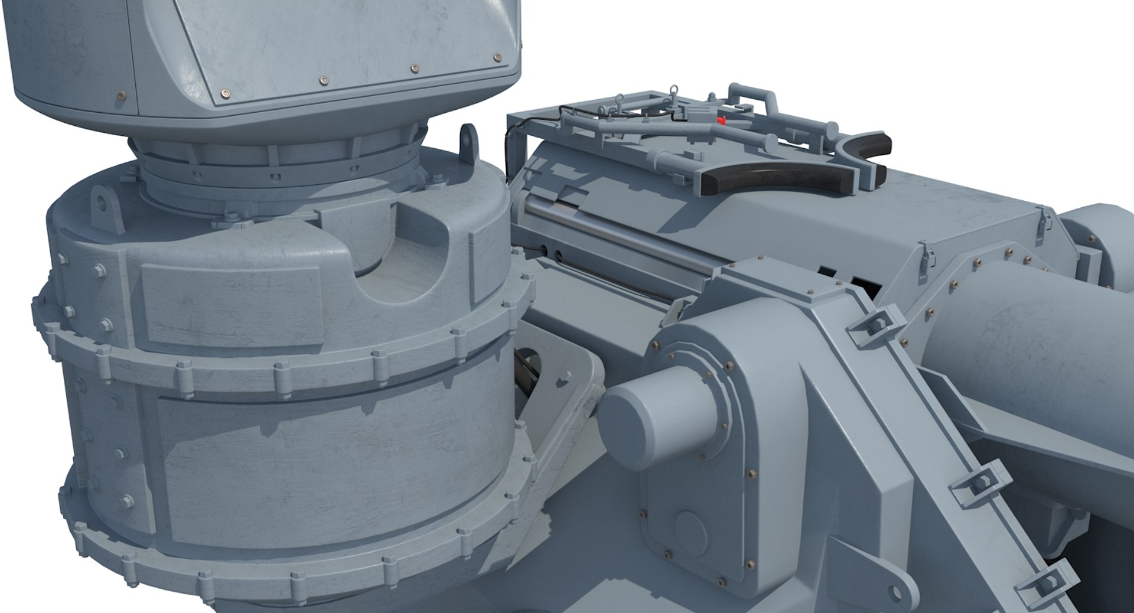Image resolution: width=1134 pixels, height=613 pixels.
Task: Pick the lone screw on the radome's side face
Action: pyautogui.click(x=122, y=93)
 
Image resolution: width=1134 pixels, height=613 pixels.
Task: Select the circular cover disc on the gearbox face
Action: pyautogui.click(x=692, y=526)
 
